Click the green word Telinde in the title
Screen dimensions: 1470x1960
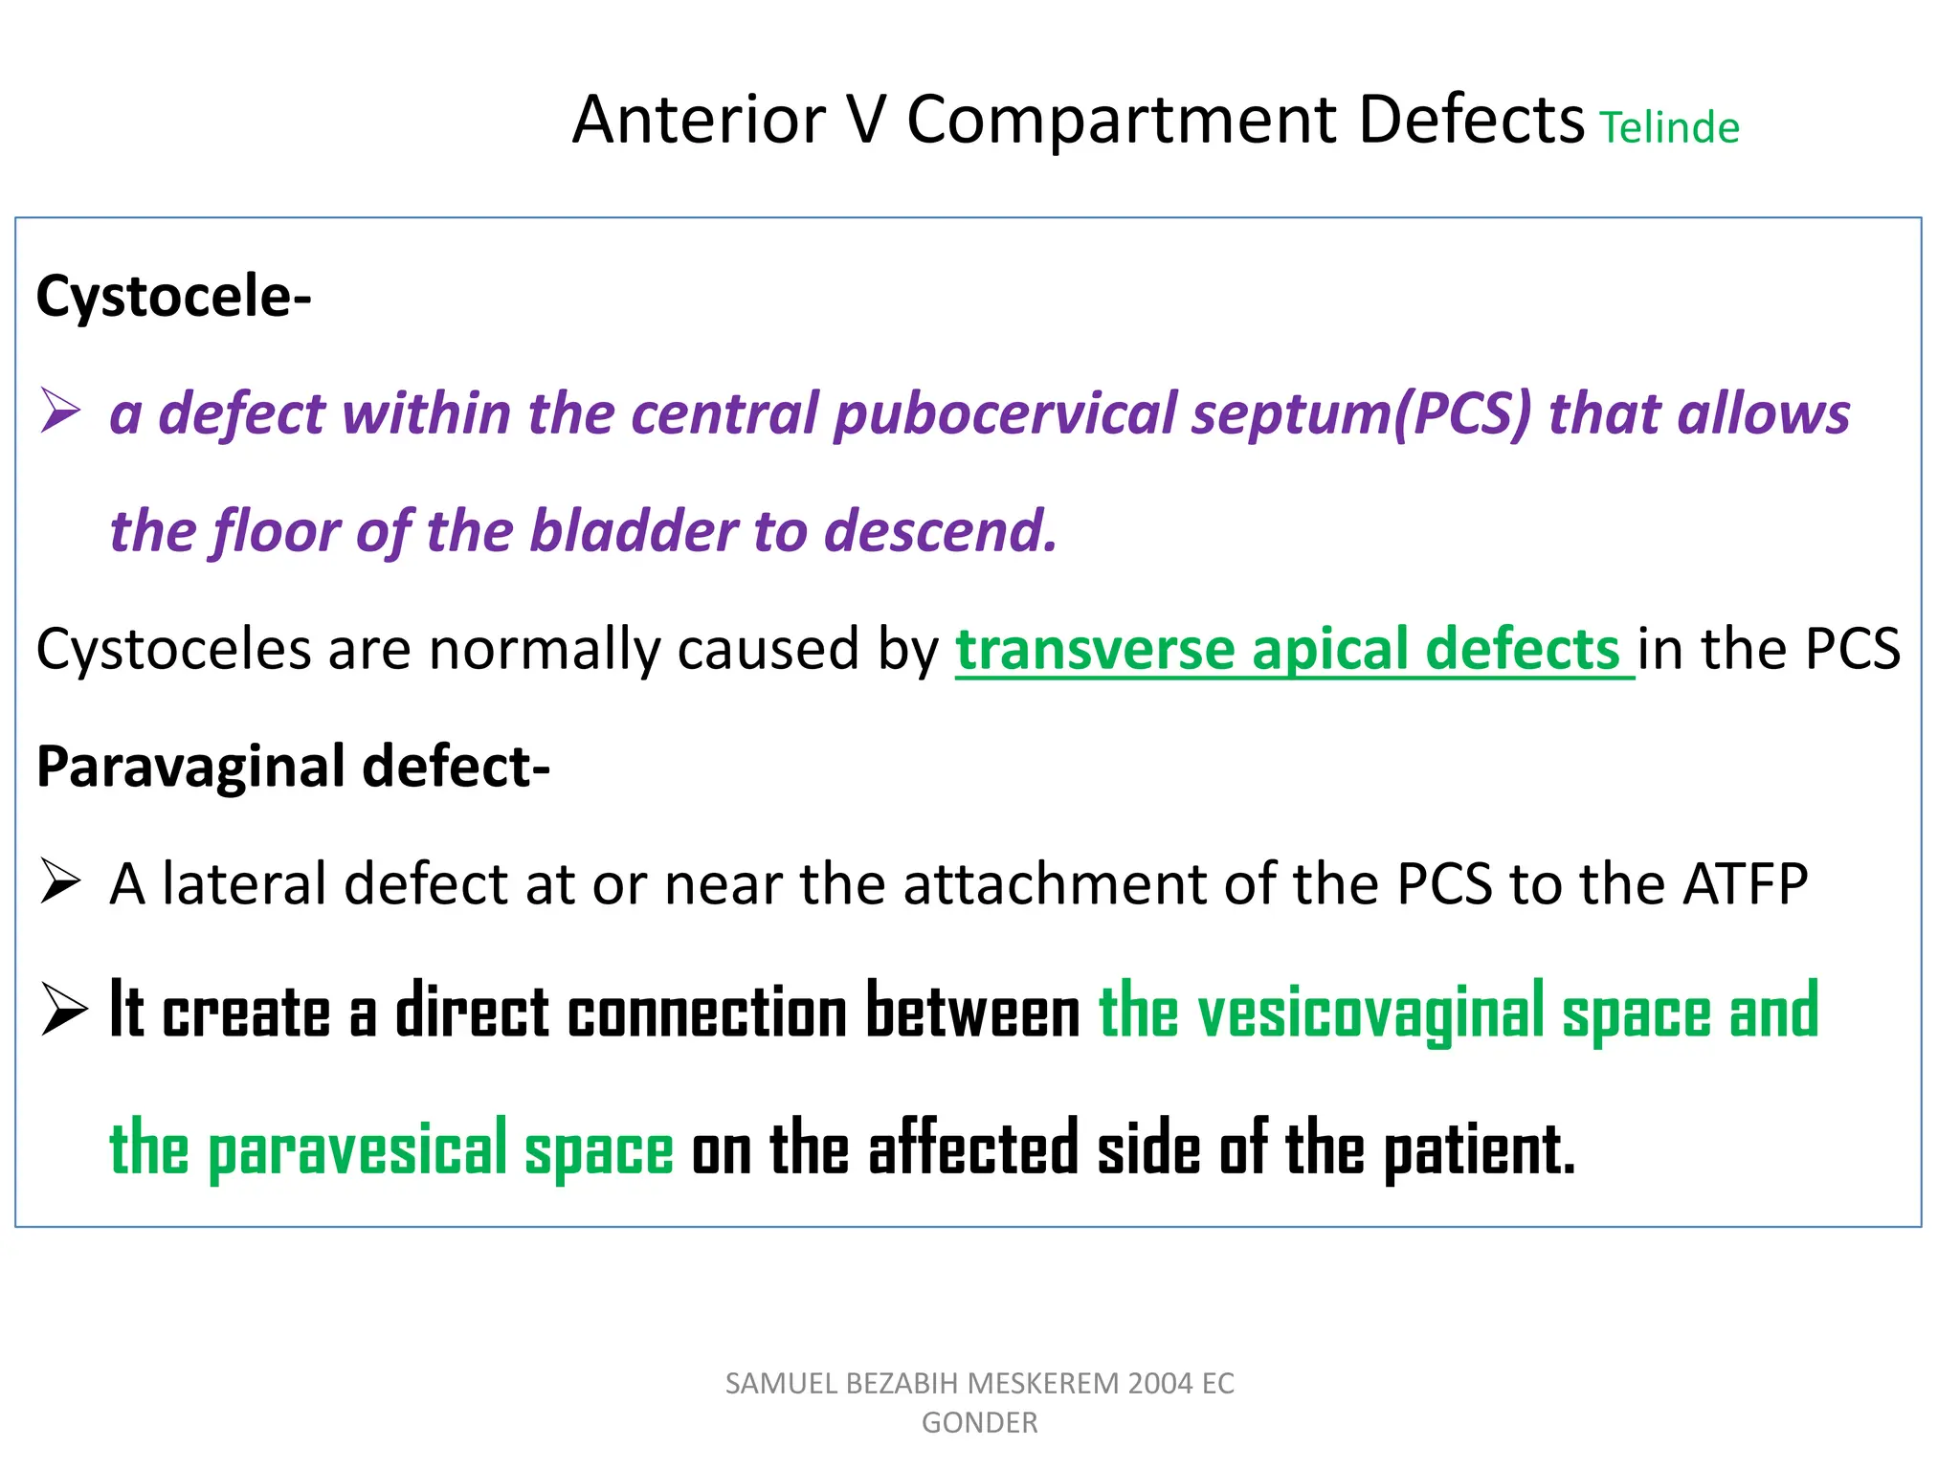pos(1669,128)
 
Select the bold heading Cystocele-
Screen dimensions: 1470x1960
pos(173,297)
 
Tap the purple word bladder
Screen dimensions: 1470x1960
pos(633,531)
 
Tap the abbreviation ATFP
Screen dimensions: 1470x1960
pos(1745,883)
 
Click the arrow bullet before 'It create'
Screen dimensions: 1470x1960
pos(63,1011)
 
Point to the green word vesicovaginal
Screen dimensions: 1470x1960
pos(1370,1013)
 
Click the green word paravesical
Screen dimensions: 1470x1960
pos(357,1149)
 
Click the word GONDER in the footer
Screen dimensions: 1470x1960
pos(979,1423)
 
